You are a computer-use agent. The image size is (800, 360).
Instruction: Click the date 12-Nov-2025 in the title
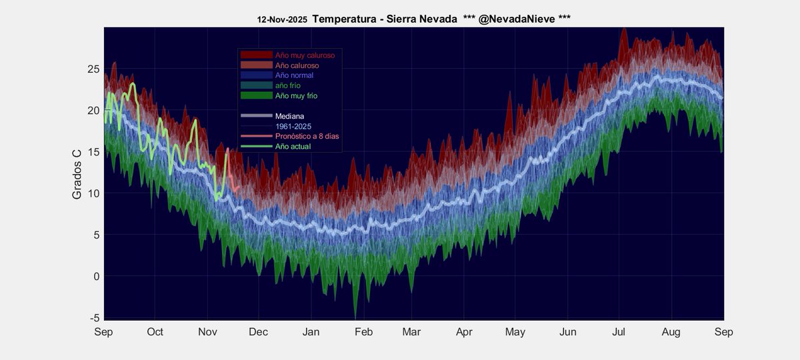(282, 20)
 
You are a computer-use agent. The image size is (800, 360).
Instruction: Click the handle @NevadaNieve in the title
(516, 19)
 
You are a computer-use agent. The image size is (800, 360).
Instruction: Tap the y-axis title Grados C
(77, 173)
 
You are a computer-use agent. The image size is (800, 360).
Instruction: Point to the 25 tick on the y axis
(93, 69)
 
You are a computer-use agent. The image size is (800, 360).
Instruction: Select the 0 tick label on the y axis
(96, 277)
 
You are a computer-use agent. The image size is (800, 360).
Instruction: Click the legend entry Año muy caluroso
(305, 55)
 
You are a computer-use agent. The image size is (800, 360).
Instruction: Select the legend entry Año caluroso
(297, 65)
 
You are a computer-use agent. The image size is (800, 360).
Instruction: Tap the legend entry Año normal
(294, 75)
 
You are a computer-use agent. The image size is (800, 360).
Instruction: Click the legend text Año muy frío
(296, 96)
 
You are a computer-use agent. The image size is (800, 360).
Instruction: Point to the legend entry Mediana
(289, 115)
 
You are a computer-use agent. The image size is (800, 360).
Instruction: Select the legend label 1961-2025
(294, 125)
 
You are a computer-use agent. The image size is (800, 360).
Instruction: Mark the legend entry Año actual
(293, 145)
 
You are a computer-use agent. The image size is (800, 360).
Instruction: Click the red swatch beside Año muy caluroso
(257, 55)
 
